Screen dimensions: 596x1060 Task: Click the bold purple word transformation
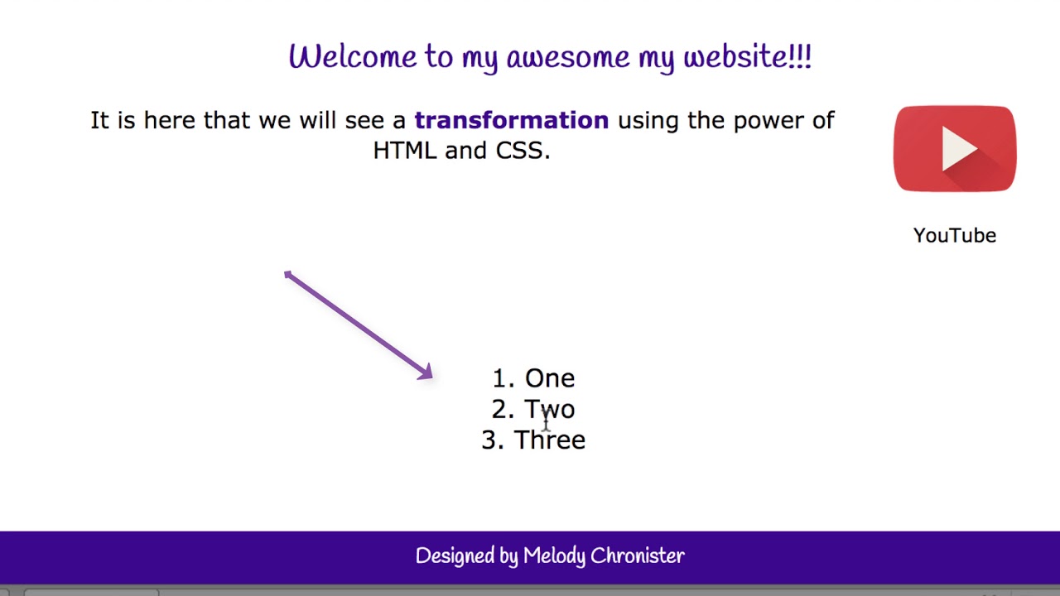pyautogui.click(x=511, y=121)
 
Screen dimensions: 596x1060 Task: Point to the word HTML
pyautogui.click(x=404, y=151)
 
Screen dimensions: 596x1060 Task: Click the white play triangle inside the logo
pyautogui.click(x=958, y=150)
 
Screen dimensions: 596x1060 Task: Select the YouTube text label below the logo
pyautogui.click(x=954, y=236)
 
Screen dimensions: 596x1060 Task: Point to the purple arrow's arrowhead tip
pyautogui.click(x=430, y=377)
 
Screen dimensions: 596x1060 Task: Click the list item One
pyautogui.click(x=549, y=379)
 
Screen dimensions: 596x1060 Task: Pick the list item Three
pyautogui.click(x=549, y=440)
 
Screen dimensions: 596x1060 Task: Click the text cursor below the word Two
pyautogui.click(x=547, y=423)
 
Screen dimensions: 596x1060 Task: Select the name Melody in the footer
pyautogui.click(x=555, y=556)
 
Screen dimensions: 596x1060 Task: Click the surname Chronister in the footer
pyautogui.click(x=638, y=556)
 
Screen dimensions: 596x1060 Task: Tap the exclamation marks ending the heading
pyautogui.click(x=801, y=57)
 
